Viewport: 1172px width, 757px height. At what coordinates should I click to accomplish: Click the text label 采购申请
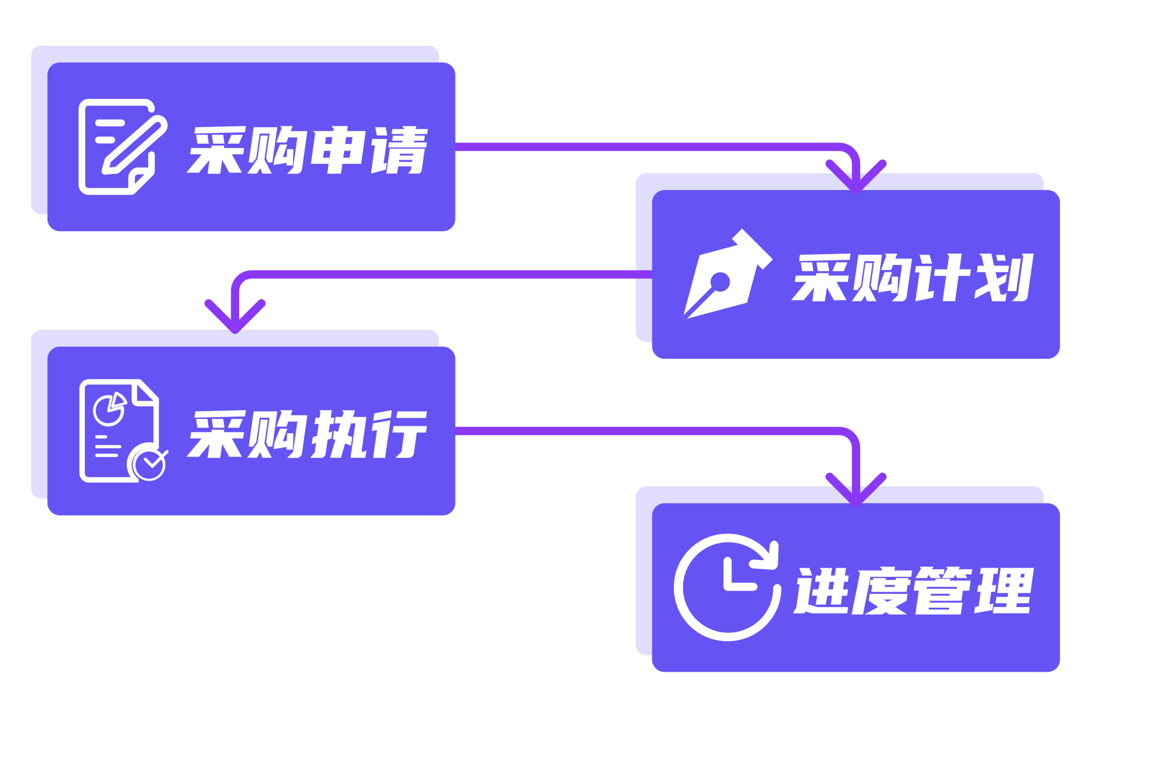click(x=307, y=150)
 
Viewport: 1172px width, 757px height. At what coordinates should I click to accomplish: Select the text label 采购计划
click(x=912, y=278)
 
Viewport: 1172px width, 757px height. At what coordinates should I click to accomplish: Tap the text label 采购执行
click(x=307, y=434)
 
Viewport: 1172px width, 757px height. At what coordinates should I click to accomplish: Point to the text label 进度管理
click(x=913, y=591)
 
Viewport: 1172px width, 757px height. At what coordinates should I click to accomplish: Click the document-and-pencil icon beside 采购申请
click(x=122, y=147)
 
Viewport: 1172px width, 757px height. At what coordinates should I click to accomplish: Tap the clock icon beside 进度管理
click(x=727, y=588)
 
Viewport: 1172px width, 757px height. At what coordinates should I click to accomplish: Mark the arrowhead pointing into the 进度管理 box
click(x=856, y=490)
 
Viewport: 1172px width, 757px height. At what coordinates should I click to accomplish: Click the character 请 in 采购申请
click(x=399, y=150)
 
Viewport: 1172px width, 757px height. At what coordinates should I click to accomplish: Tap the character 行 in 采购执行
click(x=399, y=434)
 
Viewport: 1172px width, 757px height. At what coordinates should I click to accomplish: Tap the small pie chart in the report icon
click(x=110, y=409)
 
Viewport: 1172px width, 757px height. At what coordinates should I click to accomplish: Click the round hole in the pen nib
click(x=719, y=282)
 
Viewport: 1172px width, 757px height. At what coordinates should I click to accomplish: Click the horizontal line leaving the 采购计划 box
click(x=446, y=275)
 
